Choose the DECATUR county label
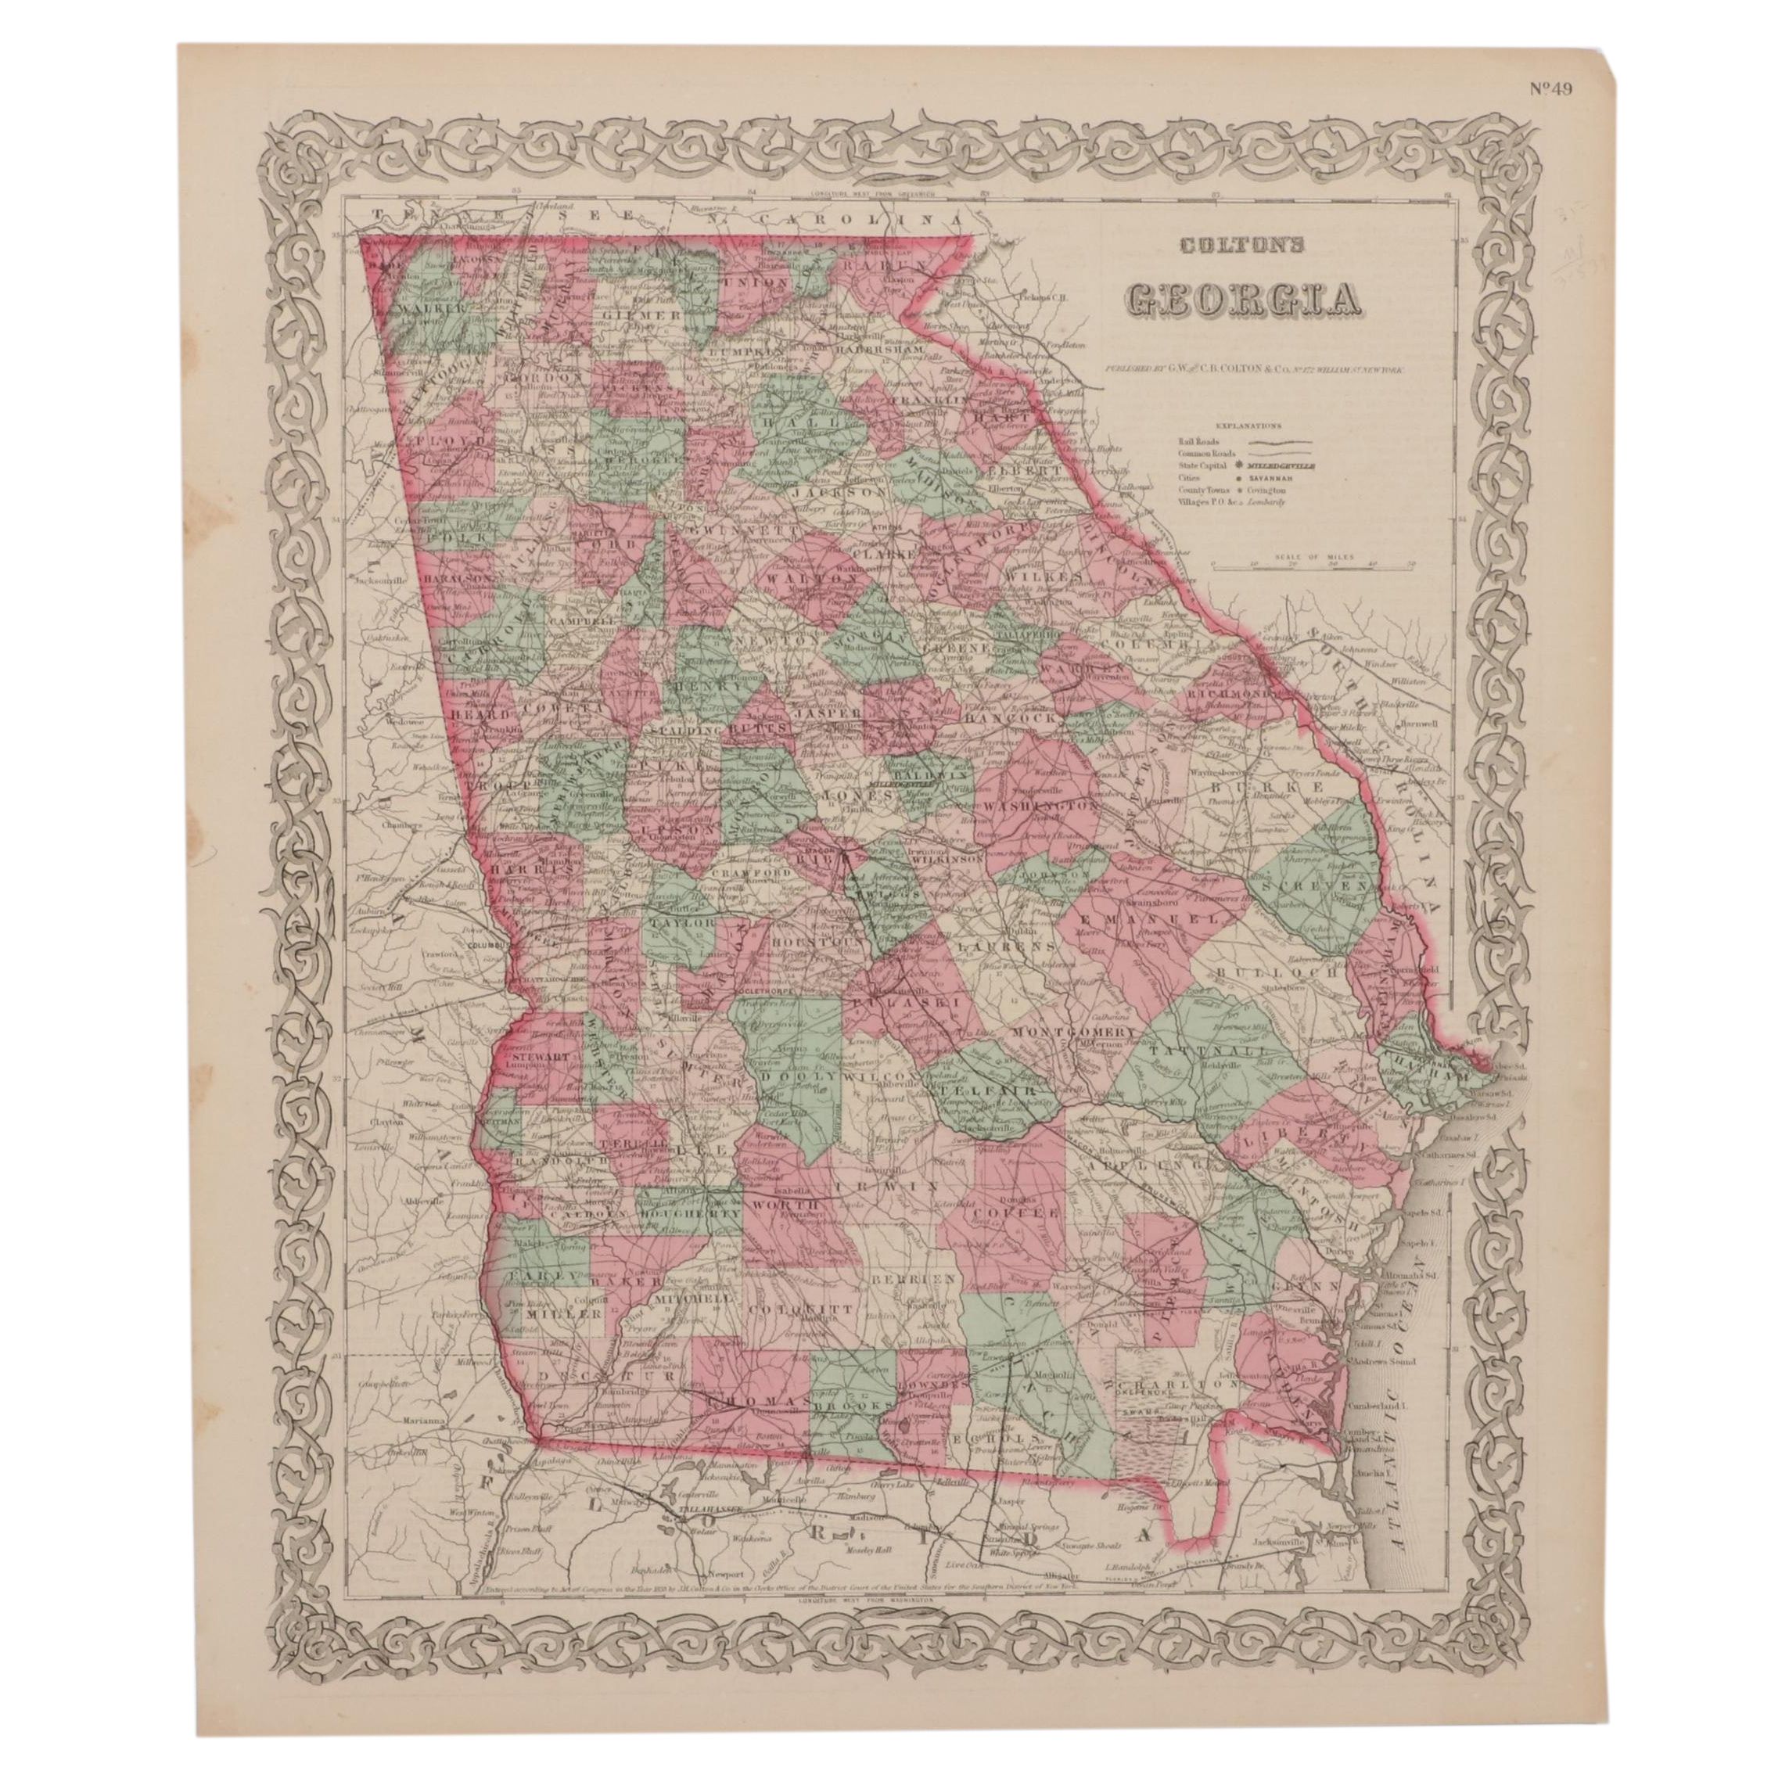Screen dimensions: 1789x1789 coord(598,1403)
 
